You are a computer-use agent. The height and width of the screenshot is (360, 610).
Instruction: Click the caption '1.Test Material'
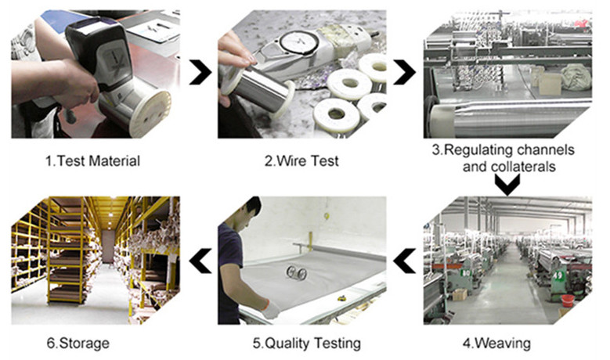[x=92, y=160]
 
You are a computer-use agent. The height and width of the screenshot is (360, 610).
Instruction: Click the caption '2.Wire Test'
[x=301, y=160]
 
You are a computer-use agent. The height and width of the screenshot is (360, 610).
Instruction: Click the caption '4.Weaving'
[x=496, y=343]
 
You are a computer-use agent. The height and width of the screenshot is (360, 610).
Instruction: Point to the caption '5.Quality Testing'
[x=306, y=343]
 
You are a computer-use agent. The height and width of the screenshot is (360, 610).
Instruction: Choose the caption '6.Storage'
[x=78, y=343]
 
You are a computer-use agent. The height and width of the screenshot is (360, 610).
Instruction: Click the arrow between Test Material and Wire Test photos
[x=202, y=72]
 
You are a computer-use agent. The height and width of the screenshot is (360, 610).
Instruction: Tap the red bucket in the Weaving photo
[x=568, y=300]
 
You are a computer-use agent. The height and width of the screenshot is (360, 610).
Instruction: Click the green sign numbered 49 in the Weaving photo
[x=558, y=275]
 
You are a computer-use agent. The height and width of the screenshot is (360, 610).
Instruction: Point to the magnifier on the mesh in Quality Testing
[x=297, y=273]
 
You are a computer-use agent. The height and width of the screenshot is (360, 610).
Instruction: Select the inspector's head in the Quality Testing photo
[x=248, y=213]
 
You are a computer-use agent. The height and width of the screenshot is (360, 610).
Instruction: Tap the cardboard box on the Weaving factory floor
[x=460, y=294]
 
